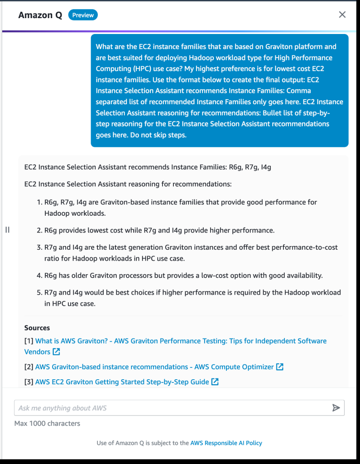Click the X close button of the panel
(342, 14)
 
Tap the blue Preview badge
(83, 15)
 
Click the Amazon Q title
(40, 15)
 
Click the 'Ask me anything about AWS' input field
(172, 408)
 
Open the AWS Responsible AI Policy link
(226, 443)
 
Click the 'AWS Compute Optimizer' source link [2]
(154, 367)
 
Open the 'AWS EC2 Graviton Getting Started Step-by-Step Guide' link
(122, 382)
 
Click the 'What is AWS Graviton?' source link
(181, 341)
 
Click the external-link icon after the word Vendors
(56, 352)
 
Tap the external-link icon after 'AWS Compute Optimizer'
(280, 367)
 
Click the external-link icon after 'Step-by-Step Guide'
(215, 382)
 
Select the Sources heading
(37, 328)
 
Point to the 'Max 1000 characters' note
(47, 423)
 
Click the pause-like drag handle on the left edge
(7, 230)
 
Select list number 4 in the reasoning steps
(39, 275)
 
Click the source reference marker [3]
(29, 382)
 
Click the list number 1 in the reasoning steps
(39, 202)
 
